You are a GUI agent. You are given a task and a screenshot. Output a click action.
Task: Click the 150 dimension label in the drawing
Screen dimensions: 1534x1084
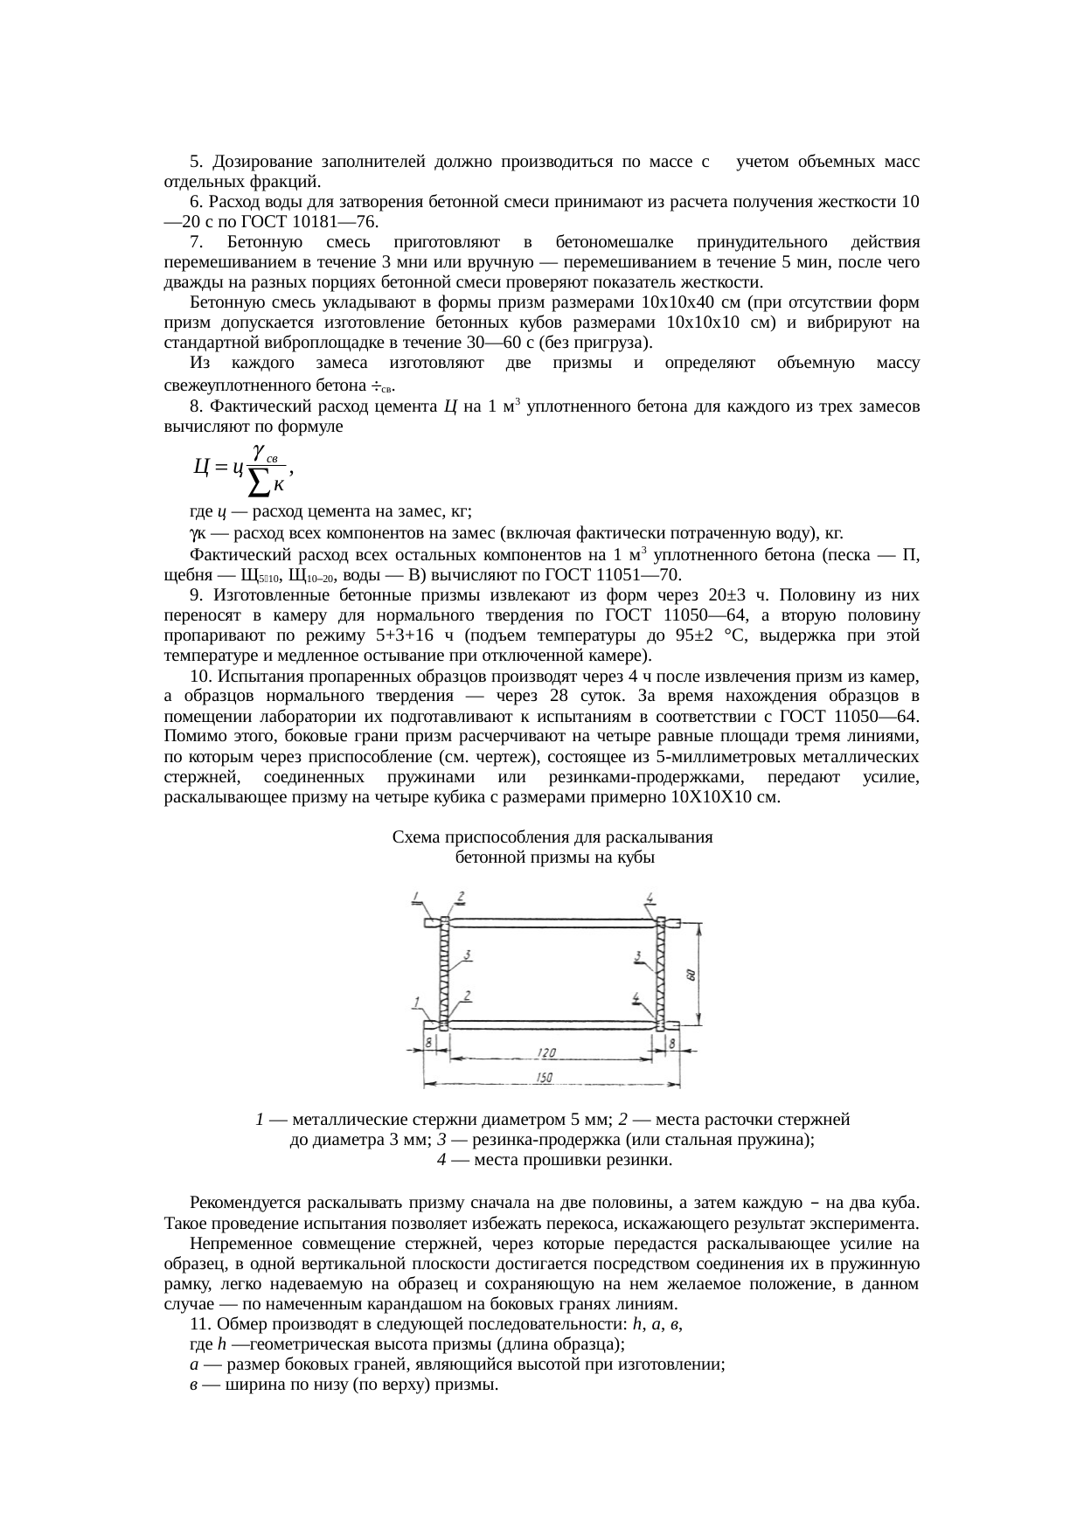tap(544, 1079)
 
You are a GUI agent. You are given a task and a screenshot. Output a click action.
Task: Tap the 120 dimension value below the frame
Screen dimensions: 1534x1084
tap(547, 1053)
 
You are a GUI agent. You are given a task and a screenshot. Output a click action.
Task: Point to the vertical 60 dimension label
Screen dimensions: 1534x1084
tap(691, 974)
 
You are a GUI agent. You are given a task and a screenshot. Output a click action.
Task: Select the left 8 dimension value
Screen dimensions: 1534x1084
tap(428, 1043)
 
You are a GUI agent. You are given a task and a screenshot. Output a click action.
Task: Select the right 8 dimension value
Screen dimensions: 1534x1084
tap(671, 1043)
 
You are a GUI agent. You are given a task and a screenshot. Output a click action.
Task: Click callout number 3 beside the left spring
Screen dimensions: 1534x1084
tap(469, 954)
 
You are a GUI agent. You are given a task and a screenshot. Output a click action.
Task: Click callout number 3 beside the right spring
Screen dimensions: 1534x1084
tap(640, 954)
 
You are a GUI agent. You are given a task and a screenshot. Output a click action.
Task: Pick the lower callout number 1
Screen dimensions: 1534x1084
tap(418, 1001)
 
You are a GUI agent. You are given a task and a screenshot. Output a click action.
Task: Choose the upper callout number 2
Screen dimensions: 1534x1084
tap(460, 898)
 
